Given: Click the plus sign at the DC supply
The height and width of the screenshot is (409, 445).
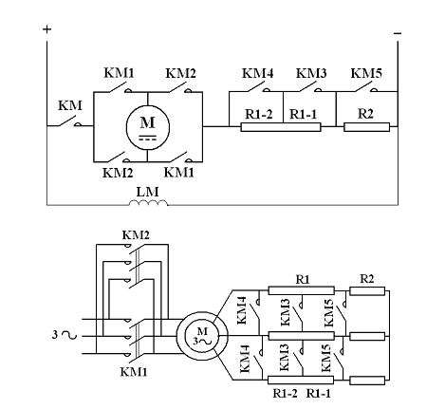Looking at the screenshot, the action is (x=46, y=29).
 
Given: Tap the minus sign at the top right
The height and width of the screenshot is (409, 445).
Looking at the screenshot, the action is (x=398, y=33).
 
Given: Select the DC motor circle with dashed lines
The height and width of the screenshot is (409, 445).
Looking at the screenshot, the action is (x=148, y=127).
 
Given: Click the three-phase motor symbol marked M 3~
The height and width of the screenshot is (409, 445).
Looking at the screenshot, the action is (x=202, y=337).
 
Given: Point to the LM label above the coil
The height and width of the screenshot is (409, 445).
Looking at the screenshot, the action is (x=147, y=192).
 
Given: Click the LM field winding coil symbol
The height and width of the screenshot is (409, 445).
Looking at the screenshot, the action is (x=148, y=203).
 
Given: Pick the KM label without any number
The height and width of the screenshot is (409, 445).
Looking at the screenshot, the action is (x=70, y=105).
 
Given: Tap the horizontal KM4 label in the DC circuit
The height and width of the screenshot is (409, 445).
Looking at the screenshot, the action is (x=258, y=73).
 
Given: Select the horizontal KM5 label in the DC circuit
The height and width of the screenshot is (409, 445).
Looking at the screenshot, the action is (x=366, y=73).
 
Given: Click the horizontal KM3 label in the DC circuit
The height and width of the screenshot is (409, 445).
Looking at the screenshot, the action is (x=311, y=73).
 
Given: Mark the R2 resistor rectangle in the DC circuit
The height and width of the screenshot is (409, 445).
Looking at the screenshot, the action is (x=367, y=127).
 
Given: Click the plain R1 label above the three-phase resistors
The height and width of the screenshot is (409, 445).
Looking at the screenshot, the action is (x=303, y=279).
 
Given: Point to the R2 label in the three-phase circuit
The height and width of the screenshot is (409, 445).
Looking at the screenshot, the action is (x=367, y=279).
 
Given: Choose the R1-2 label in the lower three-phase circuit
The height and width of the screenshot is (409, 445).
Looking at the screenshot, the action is (x=285, y=394).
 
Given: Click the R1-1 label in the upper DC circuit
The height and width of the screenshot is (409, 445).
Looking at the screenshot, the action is (x=303, y=114).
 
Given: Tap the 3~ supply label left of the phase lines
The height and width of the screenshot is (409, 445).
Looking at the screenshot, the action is (x=65, y=335).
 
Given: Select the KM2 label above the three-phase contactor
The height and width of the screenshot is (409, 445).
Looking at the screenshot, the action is (x=136, y=235).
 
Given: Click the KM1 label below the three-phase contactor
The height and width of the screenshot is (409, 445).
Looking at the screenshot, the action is (x=134, y=372).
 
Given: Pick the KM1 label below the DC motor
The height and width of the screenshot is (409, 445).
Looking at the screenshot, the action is (x=178, y=173).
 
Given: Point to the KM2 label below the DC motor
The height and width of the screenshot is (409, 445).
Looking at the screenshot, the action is (x=118, y=174).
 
